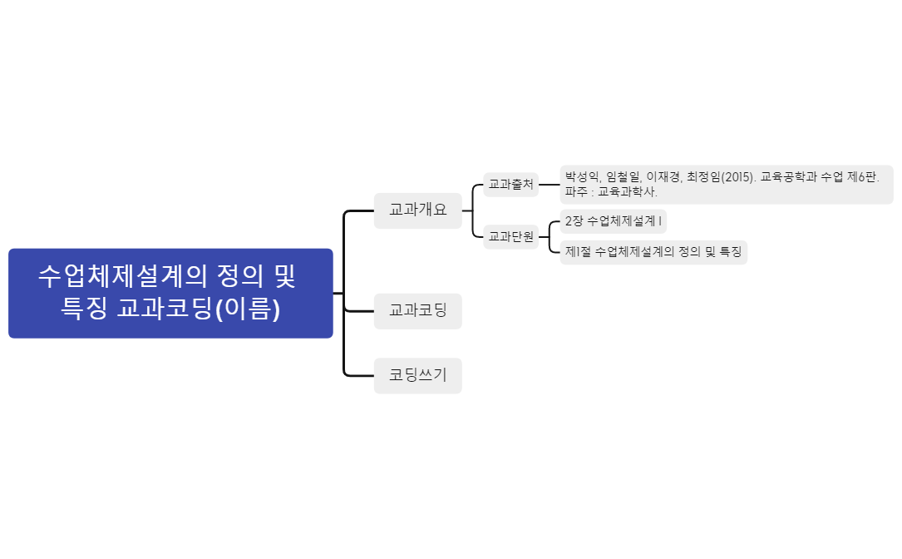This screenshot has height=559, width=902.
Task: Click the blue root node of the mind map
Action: click(x=170, y=293)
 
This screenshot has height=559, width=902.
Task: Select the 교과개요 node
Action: click(x=417, y=210)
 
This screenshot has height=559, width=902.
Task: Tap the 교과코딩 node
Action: click(x=417, y=311)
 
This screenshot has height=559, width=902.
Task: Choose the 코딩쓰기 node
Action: click(x=417, y=376)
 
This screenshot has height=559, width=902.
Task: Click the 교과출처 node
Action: click(x=510, y=185)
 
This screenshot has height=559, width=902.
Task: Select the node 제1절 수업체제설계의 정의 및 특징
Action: click(x=653, y=251)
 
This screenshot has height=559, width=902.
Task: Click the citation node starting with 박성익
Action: click(x=726, y=184)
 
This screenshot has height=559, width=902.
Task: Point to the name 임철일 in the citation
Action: click(x=624, y=176)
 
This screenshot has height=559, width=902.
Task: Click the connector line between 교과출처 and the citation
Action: click(x=549, y=185)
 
